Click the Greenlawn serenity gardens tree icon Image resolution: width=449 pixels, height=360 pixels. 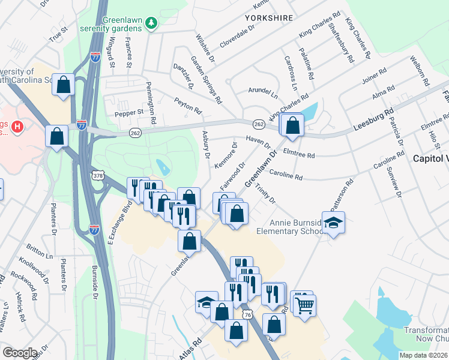[x=152, y=23]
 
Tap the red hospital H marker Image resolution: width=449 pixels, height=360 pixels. [x=18, y=127]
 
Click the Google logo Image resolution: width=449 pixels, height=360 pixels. [x=19, y=353]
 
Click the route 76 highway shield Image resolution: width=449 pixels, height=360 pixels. [x=247, y=315]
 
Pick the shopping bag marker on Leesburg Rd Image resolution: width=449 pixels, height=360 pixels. [x=293, y=125]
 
